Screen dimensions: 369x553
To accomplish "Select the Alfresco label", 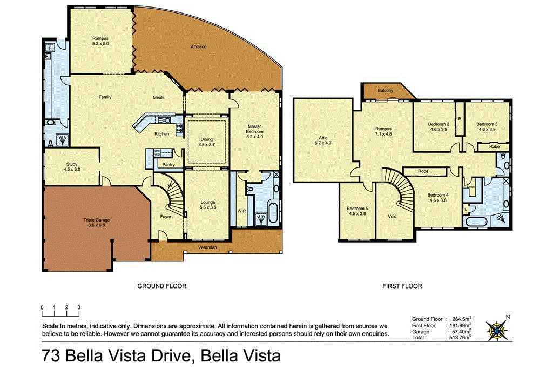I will pos(199,48).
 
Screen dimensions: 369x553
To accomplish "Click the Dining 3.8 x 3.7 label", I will pos(206,142).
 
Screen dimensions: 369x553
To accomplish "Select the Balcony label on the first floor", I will pos(385,91).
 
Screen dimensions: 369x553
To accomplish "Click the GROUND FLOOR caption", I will pos(162,286).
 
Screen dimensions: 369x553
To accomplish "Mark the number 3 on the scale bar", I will pos(79,307).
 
